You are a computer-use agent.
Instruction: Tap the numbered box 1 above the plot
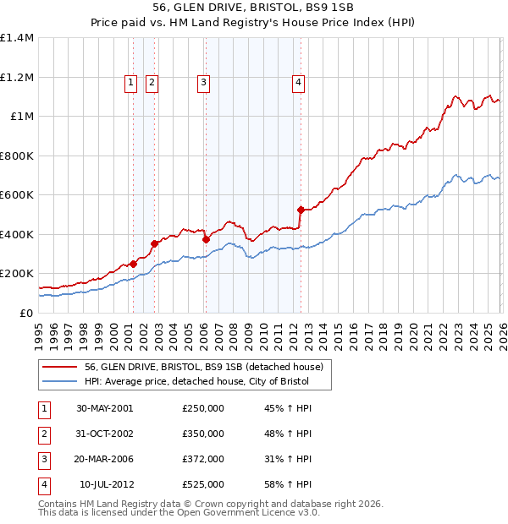pyautogui.click(x=131, y=82)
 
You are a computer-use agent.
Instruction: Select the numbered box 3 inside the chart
pyautogui.click(x=205, y=82)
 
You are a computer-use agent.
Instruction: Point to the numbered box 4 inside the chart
pyautogui.click(x=300, y=82)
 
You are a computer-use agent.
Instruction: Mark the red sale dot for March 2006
pyautogui.click(x=206, y=240)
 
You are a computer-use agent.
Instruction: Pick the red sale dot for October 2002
pyautogui.click(x=154, y=244)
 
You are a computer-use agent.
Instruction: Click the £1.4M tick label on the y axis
pyautogui.click(x=17, y=38)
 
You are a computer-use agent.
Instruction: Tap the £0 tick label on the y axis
pyautogui.click(x=25, y=313)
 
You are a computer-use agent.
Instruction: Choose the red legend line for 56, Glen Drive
pyautogui.click(x=59, y=368)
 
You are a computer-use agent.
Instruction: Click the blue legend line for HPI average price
pyautogui.click(x=59, y=382)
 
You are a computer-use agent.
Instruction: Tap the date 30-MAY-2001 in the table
pyautogui.click(x=104, y=408)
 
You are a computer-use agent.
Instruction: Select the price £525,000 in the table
pyautogui.click(x=203, y=484)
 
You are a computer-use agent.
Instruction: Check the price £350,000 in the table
pyautogui.click(x=203, y=434)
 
